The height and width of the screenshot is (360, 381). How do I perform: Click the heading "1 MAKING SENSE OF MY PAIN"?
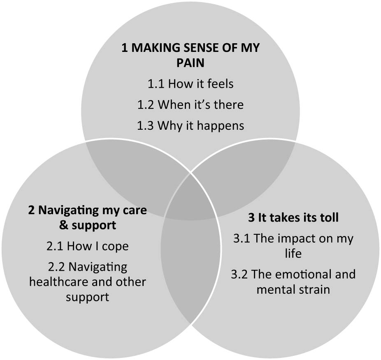[x=190, y=56]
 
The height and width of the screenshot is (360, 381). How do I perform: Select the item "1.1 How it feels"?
[x=190, y=84]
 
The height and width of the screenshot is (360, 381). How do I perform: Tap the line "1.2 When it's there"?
[x=190, y=105]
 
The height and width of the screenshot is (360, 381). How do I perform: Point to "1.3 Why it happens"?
[x=190, y=125]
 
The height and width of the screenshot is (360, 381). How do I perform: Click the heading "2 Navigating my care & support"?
[x=87, y=218]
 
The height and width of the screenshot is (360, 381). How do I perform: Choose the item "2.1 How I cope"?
[x=87, y=246]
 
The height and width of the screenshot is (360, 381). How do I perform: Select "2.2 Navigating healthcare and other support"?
[x=87, y=282]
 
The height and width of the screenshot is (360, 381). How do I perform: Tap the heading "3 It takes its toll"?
[x=293, y=218]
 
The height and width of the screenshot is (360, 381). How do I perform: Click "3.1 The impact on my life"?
[x=293, y=246]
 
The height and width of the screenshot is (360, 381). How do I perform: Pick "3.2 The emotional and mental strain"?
[x=293, y=282]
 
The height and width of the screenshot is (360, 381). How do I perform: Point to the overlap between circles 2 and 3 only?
[x=190, y=264]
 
